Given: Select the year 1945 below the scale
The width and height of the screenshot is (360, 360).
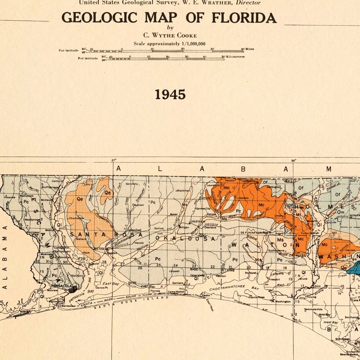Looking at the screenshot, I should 170,94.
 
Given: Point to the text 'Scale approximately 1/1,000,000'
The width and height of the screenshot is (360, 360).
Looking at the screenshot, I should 170,44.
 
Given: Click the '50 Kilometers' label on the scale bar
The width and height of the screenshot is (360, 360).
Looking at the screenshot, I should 234,57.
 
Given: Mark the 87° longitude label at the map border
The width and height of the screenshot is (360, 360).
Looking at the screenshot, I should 113,160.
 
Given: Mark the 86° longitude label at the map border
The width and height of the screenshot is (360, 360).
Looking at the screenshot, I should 294,160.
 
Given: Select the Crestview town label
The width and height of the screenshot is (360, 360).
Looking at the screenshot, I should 197,221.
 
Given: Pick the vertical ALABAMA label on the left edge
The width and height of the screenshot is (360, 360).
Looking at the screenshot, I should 5,256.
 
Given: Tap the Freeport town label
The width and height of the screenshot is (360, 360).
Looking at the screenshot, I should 275,279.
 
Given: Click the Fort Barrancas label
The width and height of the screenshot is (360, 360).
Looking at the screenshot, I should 66,306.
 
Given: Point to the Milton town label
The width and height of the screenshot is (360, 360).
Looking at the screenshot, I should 101,249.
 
